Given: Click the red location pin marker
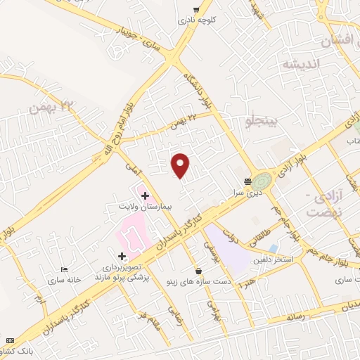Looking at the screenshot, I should pyautogui.click(x=181, y=165).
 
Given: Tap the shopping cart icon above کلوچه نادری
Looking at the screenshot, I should pyautogui.click(x=195, y=10).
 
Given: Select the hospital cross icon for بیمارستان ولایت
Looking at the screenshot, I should pyautogui.click(x=145, y=193).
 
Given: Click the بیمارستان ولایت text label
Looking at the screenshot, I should pyautogui.click(x=140, y=207).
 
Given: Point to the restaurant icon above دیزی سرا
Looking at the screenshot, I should pyautogui.click(x=247, y=181).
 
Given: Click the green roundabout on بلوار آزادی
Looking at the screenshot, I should pyautogui.click(x=263, y=180).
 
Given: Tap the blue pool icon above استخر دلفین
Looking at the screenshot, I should pyautogui.click(x=274, y=248).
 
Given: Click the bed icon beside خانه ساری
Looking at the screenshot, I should pyautogui.click(x=64, y=269).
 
